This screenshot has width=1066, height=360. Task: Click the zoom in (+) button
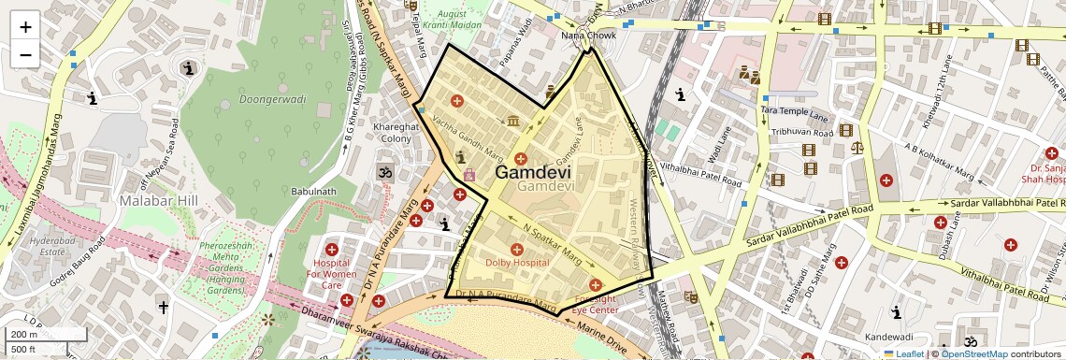point(25,27)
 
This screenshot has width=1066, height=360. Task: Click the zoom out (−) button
point(25,55)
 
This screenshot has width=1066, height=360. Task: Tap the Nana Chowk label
point(588,36)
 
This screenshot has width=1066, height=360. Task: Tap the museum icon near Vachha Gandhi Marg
point(513,121)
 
